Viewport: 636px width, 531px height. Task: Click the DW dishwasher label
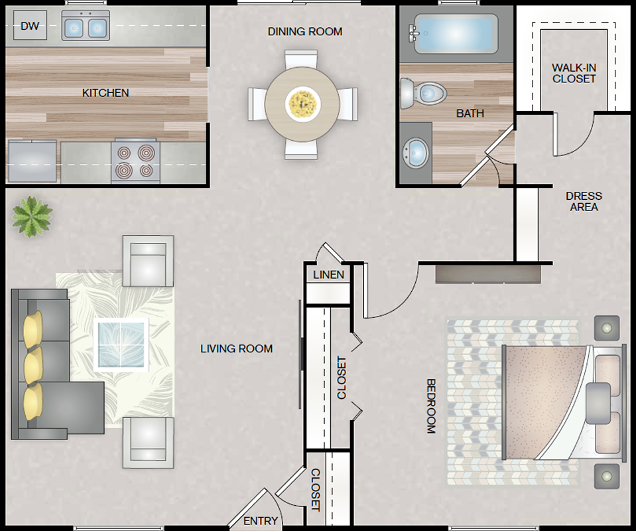[x=30, y=26]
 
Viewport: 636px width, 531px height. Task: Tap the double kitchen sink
[x=86, y=26]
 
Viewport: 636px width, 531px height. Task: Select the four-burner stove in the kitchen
[x=135, y=161]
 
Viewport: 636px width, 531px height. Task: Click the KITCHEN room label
[x=105, y=93]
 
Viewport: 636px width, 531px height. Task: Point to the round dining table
[x=302, y=104]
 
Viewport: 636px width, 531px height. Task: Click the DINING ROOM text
[x=305, y=32]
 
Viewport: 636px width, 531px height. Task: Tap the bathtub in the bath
[x=456, y=34]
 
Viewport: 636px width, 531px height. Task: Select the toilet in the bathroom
[x=423, y=94]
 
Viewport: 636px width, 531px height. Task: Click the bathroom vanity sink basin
[x=416, y=153]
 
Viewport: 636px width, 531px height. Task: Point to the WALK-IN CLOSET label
[x=574, y=73]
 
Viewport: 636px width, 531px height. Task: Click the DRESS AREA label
[x=584, y=201]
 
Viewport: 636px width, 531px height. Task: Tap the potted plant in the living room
[x=32, y=216]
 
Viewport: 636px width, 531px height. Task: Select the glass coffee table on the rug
[x=121, y=344]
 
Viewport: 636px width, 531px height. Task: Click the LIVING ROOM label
[x=237, y=348]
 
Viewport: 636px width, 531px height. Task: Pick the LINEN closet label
[x=328, y=275]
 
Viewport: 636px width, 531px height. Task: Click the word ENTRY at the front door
[x=261, y=521]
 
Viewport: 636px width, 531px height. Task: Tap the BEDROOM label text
[x=431, y=406]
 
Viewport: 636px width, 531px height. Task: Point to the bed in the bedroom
[x=564, y=403]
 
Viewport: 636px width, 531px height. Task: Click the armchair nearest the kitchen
[x=148, y=261]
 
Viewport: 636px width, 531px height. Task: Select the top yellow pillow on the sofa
[x=33, y=329]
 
